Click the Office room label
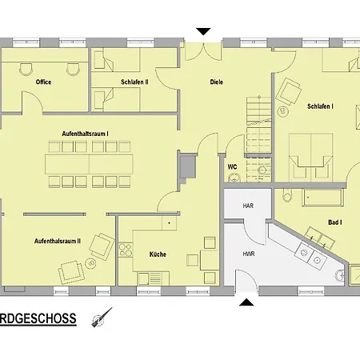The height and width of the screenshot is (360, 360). [43, 82]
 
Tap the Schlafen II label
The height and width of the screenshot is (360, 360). [134, 82]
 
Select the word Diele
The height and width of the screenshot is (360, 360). [216, 82]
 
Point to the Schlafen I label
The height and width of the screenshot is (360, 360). [320, 106]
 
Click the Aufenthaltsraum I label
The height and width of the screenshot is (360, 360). [85, 134]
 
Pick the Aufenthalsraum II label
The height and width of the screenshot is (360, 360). [58, 241]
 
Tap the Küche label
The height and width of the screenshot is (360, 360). [158, 254]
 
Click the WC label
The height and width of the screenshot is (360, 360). [232, 167]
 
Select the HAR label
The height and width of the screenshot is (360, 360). [248, 206]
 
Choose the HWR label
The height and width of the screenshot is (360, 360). [249, 254]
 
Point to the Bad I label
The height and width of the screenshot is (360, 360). [335, 222]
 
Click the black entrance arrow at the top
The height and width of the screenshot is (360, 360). [203, 31]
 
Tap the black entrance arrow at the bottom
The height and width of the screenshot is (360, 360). [246, 302]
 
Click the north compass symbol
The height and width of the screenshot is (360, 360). [102, 318]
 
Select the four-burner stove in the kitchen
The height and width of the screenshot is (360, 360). [126, 250]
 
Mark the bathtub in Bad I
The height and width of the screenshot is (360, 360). [322, 198]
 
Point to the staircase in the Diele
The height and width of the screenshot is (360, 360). [259, 138]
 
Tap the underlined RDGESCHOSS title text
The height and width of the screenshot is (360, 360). [38, 318]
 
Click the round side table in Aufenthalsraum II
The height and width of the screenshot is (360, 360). [90, 263]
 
